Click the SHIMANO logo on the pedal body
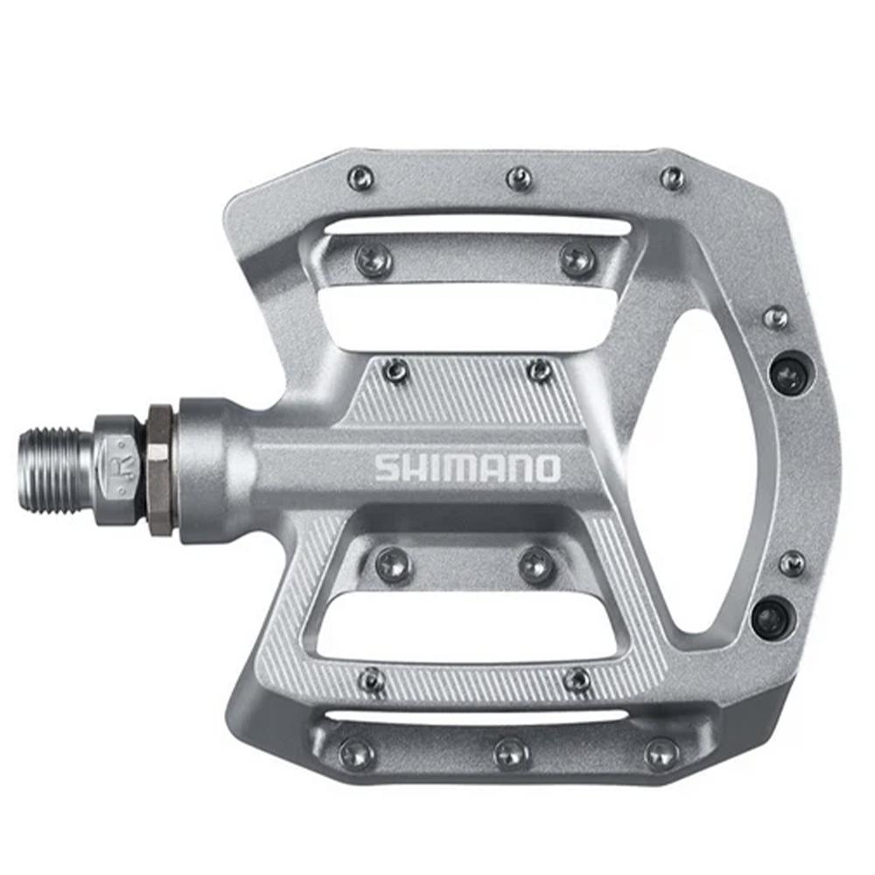467,467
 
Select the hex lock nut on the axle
159,469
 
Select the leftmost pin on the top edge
360,179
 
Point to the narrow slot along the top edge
477,227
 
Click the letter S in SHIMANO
388,467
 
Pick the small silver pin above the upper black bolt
775,317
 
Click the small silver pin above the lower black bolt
791,563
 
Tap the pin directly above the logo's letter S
396,371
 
